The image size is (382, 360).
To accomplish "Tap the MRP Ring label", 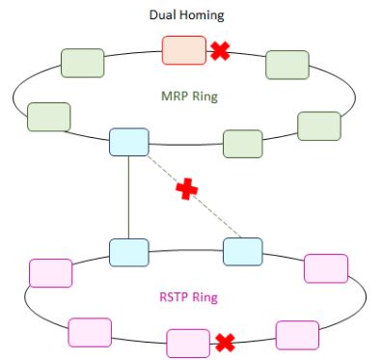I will (189, 97).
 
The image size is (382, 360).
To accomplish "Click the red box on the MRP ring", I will (183, 50).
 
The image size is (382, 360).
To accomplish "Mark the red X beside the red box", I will (220, 51).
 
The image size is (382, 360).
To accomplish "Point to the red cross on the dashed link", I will (186, 190).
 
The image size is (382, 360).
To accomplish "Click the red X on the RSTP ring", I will (225, 341).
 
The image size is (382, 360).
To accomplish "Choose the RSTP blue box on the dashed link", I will (243, 251).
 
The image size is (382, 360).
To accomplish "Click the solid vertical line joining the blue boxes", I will (128, 197).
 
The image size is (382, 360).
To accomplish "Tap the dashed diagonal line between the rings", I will (207, 208).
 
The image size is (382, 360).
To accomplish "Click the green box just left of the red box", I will (83, 63).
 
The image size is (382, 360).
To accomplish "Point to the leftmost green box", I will (49, 117).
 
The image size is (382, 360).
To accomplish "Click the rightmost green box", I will (319, 126).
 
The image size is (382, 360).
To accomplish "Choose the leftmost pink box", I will (51, 272).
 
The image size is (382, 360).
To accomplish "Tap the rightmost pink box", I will (325, 267).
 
